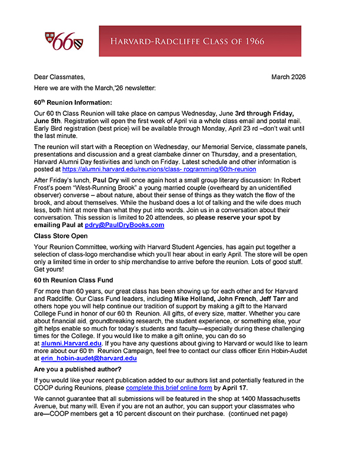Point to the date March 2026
(288, 77)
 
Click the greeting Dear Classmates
(59, 77)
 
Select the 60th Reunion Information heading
(73, 102)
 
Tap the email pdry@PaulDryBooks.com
(124, 225)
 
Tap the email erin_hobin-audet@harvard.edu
(82, 357)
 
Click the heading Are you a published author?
(78, 369)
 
